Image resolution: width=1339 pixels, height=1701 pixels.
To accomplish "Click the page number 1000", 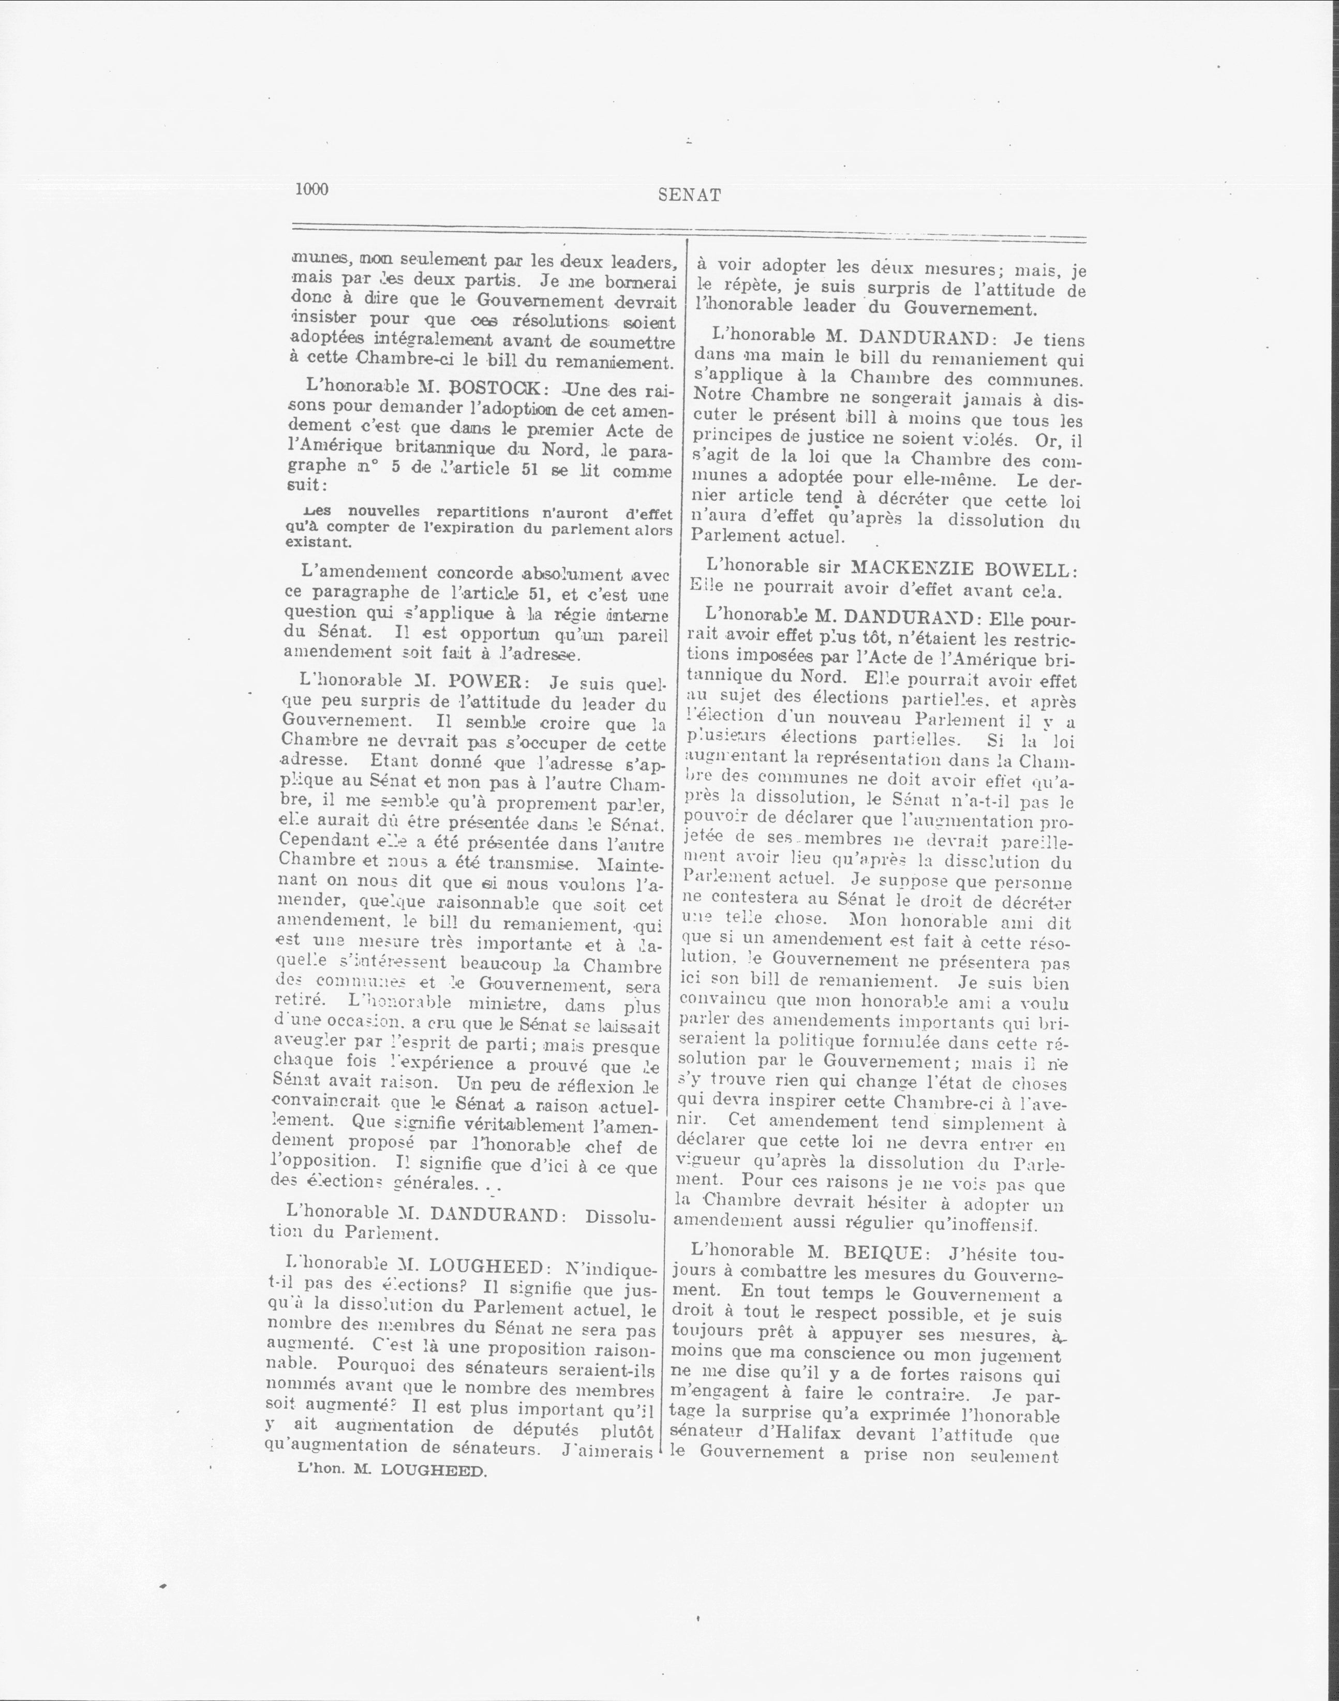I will tap(311, 189).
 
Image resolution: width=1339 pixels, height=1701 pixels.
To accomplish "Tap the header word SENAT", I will tap(689, 196).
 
